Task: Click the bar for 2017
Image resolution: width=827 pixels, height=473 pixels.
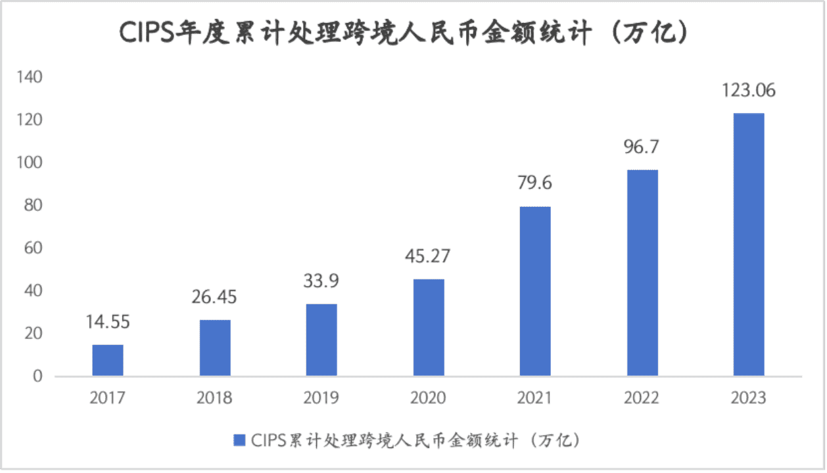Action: (x=107, y=360)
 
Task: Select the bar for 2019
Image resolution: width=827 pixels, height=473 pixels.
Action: (x=321, y=340)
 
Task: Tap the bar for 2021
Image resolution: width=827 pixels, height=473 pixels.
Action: (x=535, y=291)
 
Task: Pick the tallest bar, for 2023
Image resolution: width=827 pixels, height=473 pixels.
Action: (x=749, y=244)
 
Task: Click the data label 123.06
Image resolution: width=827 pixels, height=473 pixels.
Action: (x=749, y=90)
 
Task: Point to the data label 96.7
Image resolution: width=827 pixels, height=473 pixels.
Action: (x=642, y=146)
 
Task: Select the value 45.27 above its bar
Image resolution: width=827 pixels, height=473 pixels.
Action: (x=428, y=256)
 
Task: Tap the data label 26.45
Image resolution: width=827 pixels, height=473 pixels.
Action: (x=214, y=296)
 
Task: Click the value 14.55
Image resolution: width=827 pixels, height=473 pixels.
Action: (x=108, y=322)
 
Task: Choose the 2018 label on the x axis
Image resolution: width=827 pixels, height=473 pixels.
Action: (x=214, y=398)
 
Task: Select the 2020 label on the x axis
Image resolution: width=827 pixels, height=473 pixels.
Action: (x=428, y=398)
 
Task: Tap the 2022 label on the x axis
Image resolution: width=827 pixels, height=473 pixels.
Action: (x=642, y=398)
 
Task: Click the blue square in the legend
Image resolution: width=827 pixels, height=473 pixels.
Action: (x=240, y=439)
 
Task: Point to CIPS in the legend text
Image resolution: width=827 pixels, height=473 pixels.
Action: (x=268, y=439)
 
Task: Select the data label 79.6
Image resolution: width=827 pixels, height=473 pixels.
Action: (x=534, y=183)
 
